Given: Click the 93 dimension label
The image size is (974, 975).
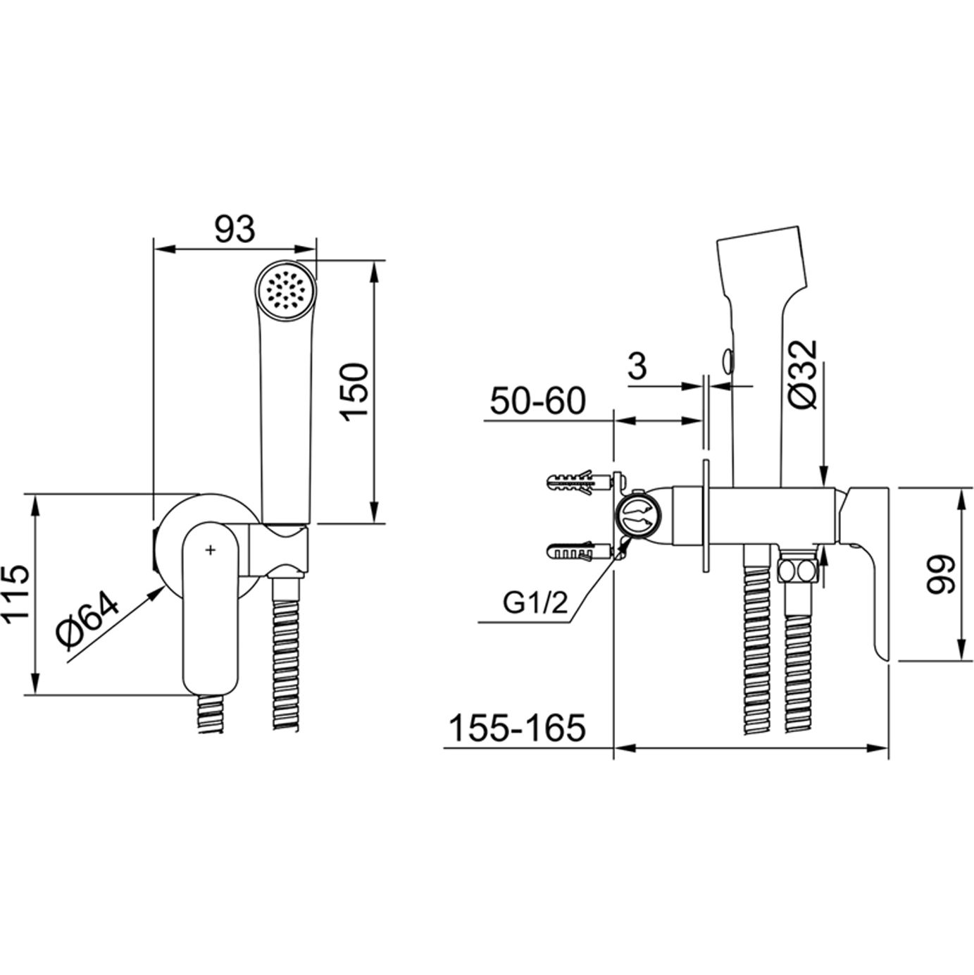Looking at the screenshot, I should pyautogui.click(x=234, y=230).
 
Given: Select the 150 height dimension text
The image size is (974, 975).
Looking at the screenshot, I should pyautogui.click(x=353, y=392).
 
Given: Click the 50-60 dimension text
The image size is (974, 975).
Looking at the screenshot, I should pyautogui.click(x=537, y=402).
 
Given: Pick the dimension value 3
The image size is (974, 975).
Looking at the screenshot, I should pyautogui.click(x=637, y=366).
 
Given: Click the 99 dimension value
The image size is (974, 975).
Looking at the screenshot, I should pyautogui.click(x=939, y=575).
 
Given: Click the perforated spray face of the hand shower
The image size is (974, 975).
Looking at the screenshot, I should pyautogui.click(x=286, y=288).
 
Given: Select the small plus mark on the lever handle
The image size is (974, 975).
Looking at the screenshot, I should pyautogui.click(x=210, y=549).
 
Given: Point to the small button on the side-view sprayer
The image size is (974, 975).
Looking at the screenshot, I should pyautogui.click(x=726, y=361).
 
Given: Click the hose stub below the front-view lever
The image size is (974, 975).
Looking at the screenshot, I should pyautogui.click(x=211, y=714).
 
